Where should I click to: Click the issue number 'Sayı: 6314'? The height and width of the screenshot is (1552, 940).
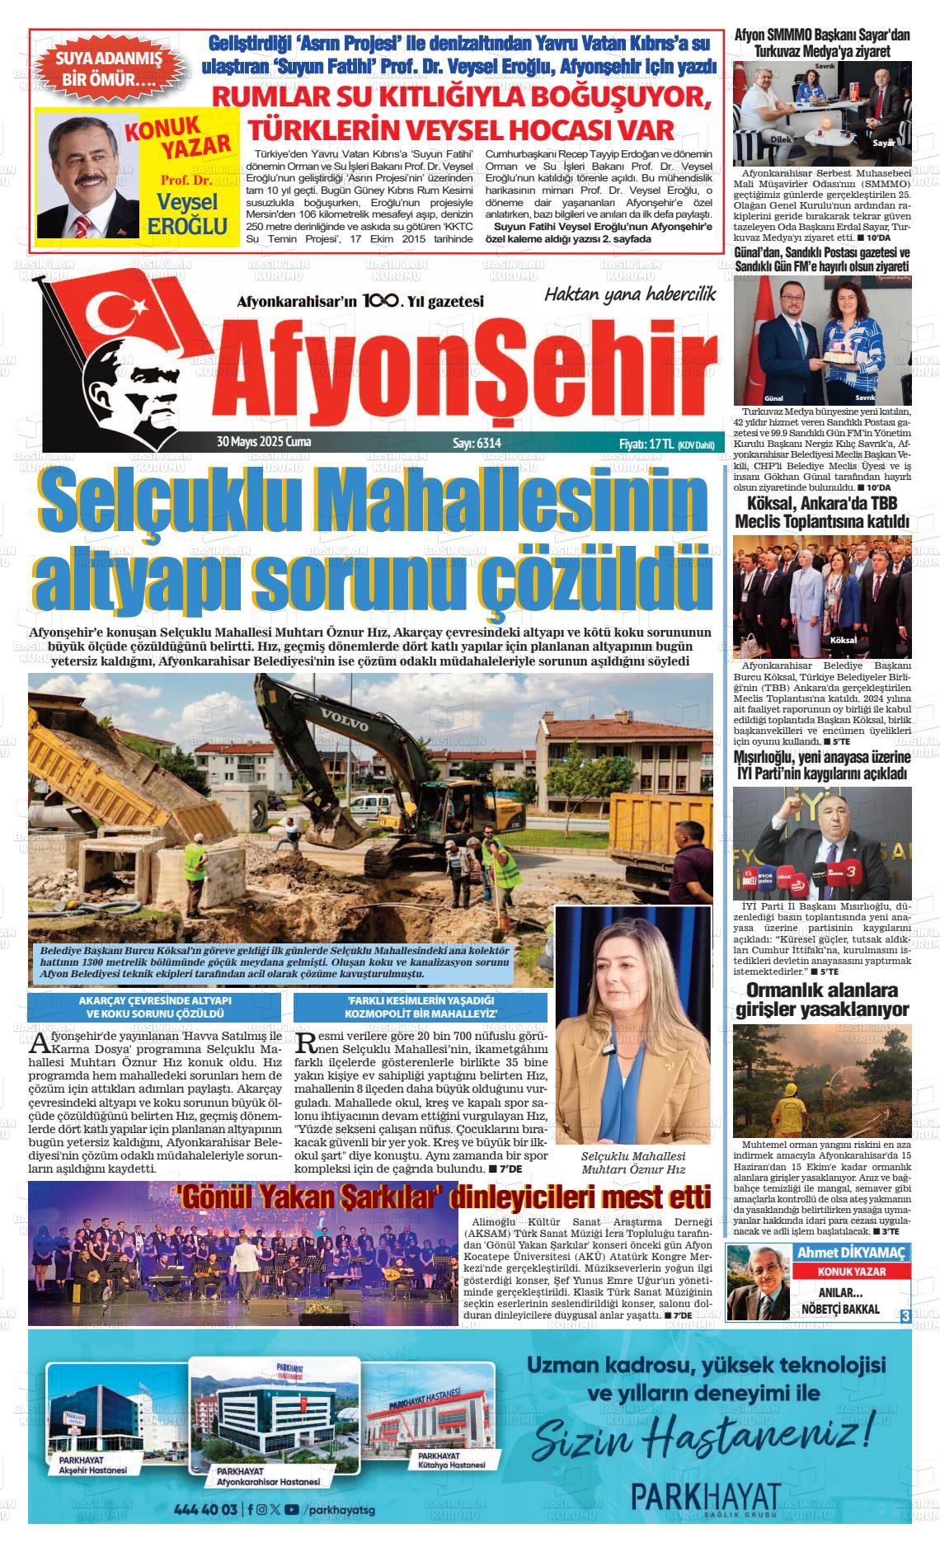477,443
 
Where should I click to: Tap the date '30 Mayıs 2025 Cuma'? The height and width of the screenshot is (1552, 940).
258,442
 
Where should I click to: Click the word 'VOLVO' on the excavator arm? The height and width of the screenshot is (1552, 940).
345,718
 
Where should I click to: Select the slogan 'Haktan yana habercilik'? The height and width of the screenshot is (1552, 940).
630,294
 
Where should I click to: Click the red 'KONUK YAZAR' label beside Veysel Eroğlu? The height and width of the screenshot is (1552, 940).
180,139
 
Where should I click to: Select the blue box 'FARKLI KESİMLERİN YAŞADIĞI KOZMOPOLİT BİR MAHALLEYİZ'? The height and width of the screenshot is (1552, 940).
421,1006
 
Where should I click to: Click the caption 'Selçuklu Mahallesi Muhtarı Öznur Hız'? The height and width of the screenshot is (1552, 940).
633,1163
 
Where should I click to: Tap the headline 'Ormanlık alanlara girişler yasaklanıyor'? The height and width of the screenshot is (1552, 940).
822,999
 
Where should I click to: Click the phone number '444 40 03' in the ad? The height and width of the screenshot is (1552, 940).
206,1510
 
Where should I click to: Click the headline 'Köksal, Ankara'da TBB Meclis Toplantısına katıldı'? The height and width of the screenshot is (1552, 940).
822,512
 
